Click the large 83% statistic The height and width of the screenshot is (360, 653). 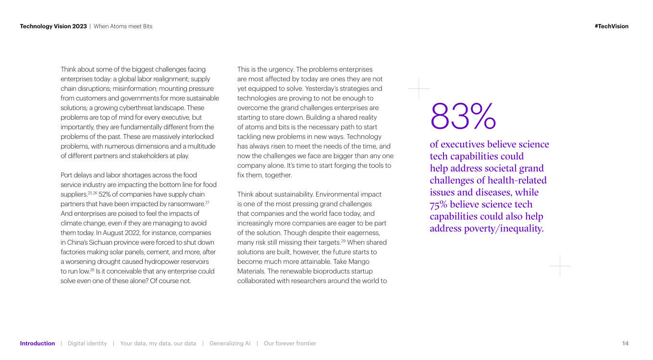point(463,116)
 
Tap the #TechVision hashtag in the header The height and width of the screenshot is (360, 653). point(611,26)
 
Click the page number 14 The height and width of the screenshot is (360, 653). point(625,343)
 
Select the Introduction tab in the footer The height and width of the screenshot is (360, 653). point(37,343)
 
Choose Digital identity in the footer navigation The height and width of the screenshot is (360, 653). point(87,343)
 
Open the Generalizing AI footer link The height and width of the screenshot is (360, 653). point(230,343)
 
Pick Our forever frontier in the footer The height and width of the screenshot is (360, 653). point(290,343)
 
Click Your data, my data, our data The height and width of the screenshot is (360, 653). point(158,343)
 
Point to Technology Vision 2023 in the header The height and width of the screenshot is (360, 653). point(53,26)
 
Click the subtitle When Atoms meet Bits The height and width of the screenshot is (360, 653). point(123,26)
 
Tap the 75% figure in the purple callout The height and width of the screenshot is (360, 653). point(438,204)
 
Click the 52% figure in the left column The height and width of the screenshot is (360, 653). point(105,194)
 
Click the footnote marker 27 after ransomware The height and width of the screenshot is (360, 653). point(207,202)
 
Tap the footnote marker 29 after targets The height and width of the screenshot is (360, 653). point(344,241)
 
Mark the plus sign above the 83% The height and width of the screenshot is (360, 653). point(419,89)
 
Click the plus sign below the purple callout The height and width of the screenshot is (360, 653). point(560,266)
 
